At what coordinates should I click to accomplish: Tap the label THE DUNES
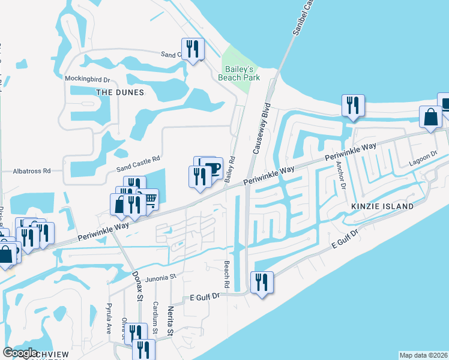point(121,92)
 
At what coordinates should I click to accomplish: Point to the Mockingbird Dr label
point(88,79)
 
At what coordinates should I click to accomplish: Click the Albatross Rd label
point(32,171)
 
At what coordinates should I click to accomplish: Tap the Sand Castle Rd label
point(139,160)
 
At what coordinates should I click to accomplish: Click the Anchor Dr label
point(341,175)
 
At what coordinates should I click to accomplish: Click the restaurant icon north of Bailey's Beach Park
point(193,49)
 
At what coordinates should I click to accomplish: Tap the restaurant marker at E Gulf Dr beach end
point(262,282)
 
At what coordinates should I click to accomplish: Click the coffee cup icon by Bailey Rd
point(212,167)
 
